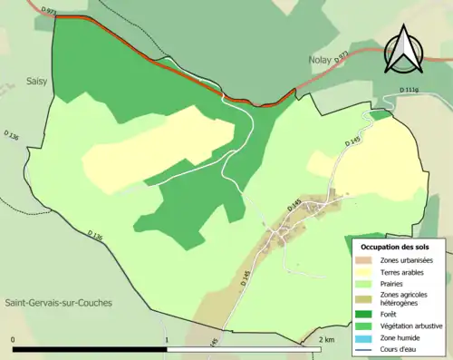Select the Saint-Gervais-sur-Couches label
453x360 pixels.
pos(55,303)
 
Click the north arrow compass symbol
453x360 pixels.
pos(402,49)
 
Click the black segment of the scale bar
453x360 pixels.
pos(91,349)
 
